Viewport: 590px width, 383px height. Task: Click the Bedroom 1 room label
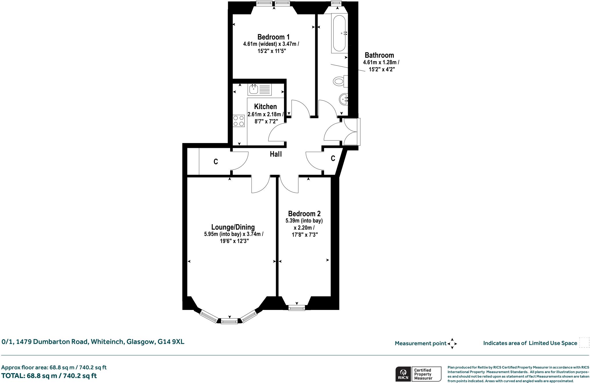click(273, 37)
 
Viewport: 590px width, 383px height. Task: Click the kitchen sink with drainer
click(259, 89)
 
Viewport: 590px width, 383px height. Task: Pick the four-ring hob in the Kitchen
click(239, 121)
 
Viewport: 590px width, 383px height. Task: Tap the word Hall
click(276, 154)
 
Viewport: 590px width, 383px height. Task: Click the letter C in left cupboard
click(215, 162)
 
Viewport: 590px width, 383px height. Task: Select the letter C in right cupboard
click(333, 158)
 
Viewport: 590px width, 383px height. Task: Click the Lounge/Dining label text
click(233, 227)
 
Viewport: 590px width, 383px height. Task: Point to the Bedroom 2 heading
click(304, 214)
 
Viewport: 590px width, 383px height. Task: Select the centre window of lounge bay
click(229, 321)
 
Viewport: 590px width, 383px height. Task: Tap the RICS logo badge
click(403, 374)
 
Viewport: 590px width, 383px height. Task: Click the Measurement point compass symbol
click(452, 344)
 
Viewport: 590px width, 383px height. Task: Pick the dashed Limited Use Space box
click(584, 343)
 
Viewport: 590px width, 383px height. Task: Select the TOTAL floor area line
click(49, 376)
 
